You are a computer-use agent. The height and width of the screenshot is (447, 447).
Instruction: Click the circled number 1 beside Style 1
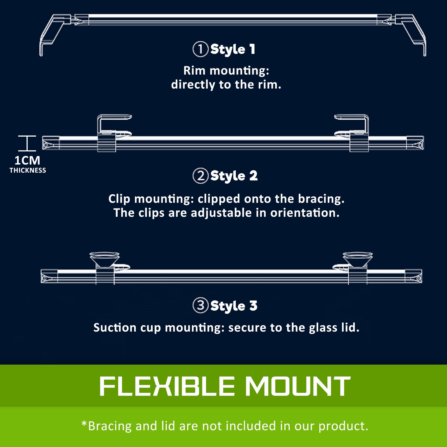200,49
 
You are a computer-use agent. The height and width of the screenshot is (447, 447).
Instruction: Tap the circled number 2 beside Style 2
200,176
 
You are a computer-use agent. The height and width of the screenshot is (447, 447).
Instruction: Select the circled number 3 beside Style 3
200,305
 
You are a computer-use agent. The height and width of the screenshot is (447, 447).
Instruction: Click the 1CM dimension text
27,160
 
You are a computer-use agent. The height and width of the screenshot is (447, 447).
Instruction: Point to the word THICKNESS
28,170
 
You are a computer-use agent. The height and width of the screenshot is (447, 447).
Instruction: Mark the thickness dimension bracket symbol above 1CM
27,143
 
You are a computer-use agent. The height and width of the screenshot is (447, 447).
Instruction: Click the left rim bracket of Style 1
53,34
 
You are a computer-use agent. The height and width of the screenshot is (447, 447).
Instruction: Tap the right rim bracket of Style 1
412,34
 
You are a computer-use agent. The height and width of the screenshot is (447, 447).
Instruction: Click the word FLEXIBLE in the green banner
167,386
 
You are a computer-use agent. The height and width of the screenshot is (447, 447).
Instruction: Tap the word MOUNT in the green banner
298,386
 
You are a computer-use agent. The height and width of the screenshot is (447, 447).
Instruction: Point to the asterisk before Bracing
84,424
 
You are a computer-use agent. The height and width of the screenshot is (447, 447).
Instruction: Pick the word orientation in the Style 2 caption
305,213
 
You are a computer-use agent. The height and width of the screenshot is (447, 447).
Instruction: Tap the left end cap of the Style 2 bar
51,143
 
